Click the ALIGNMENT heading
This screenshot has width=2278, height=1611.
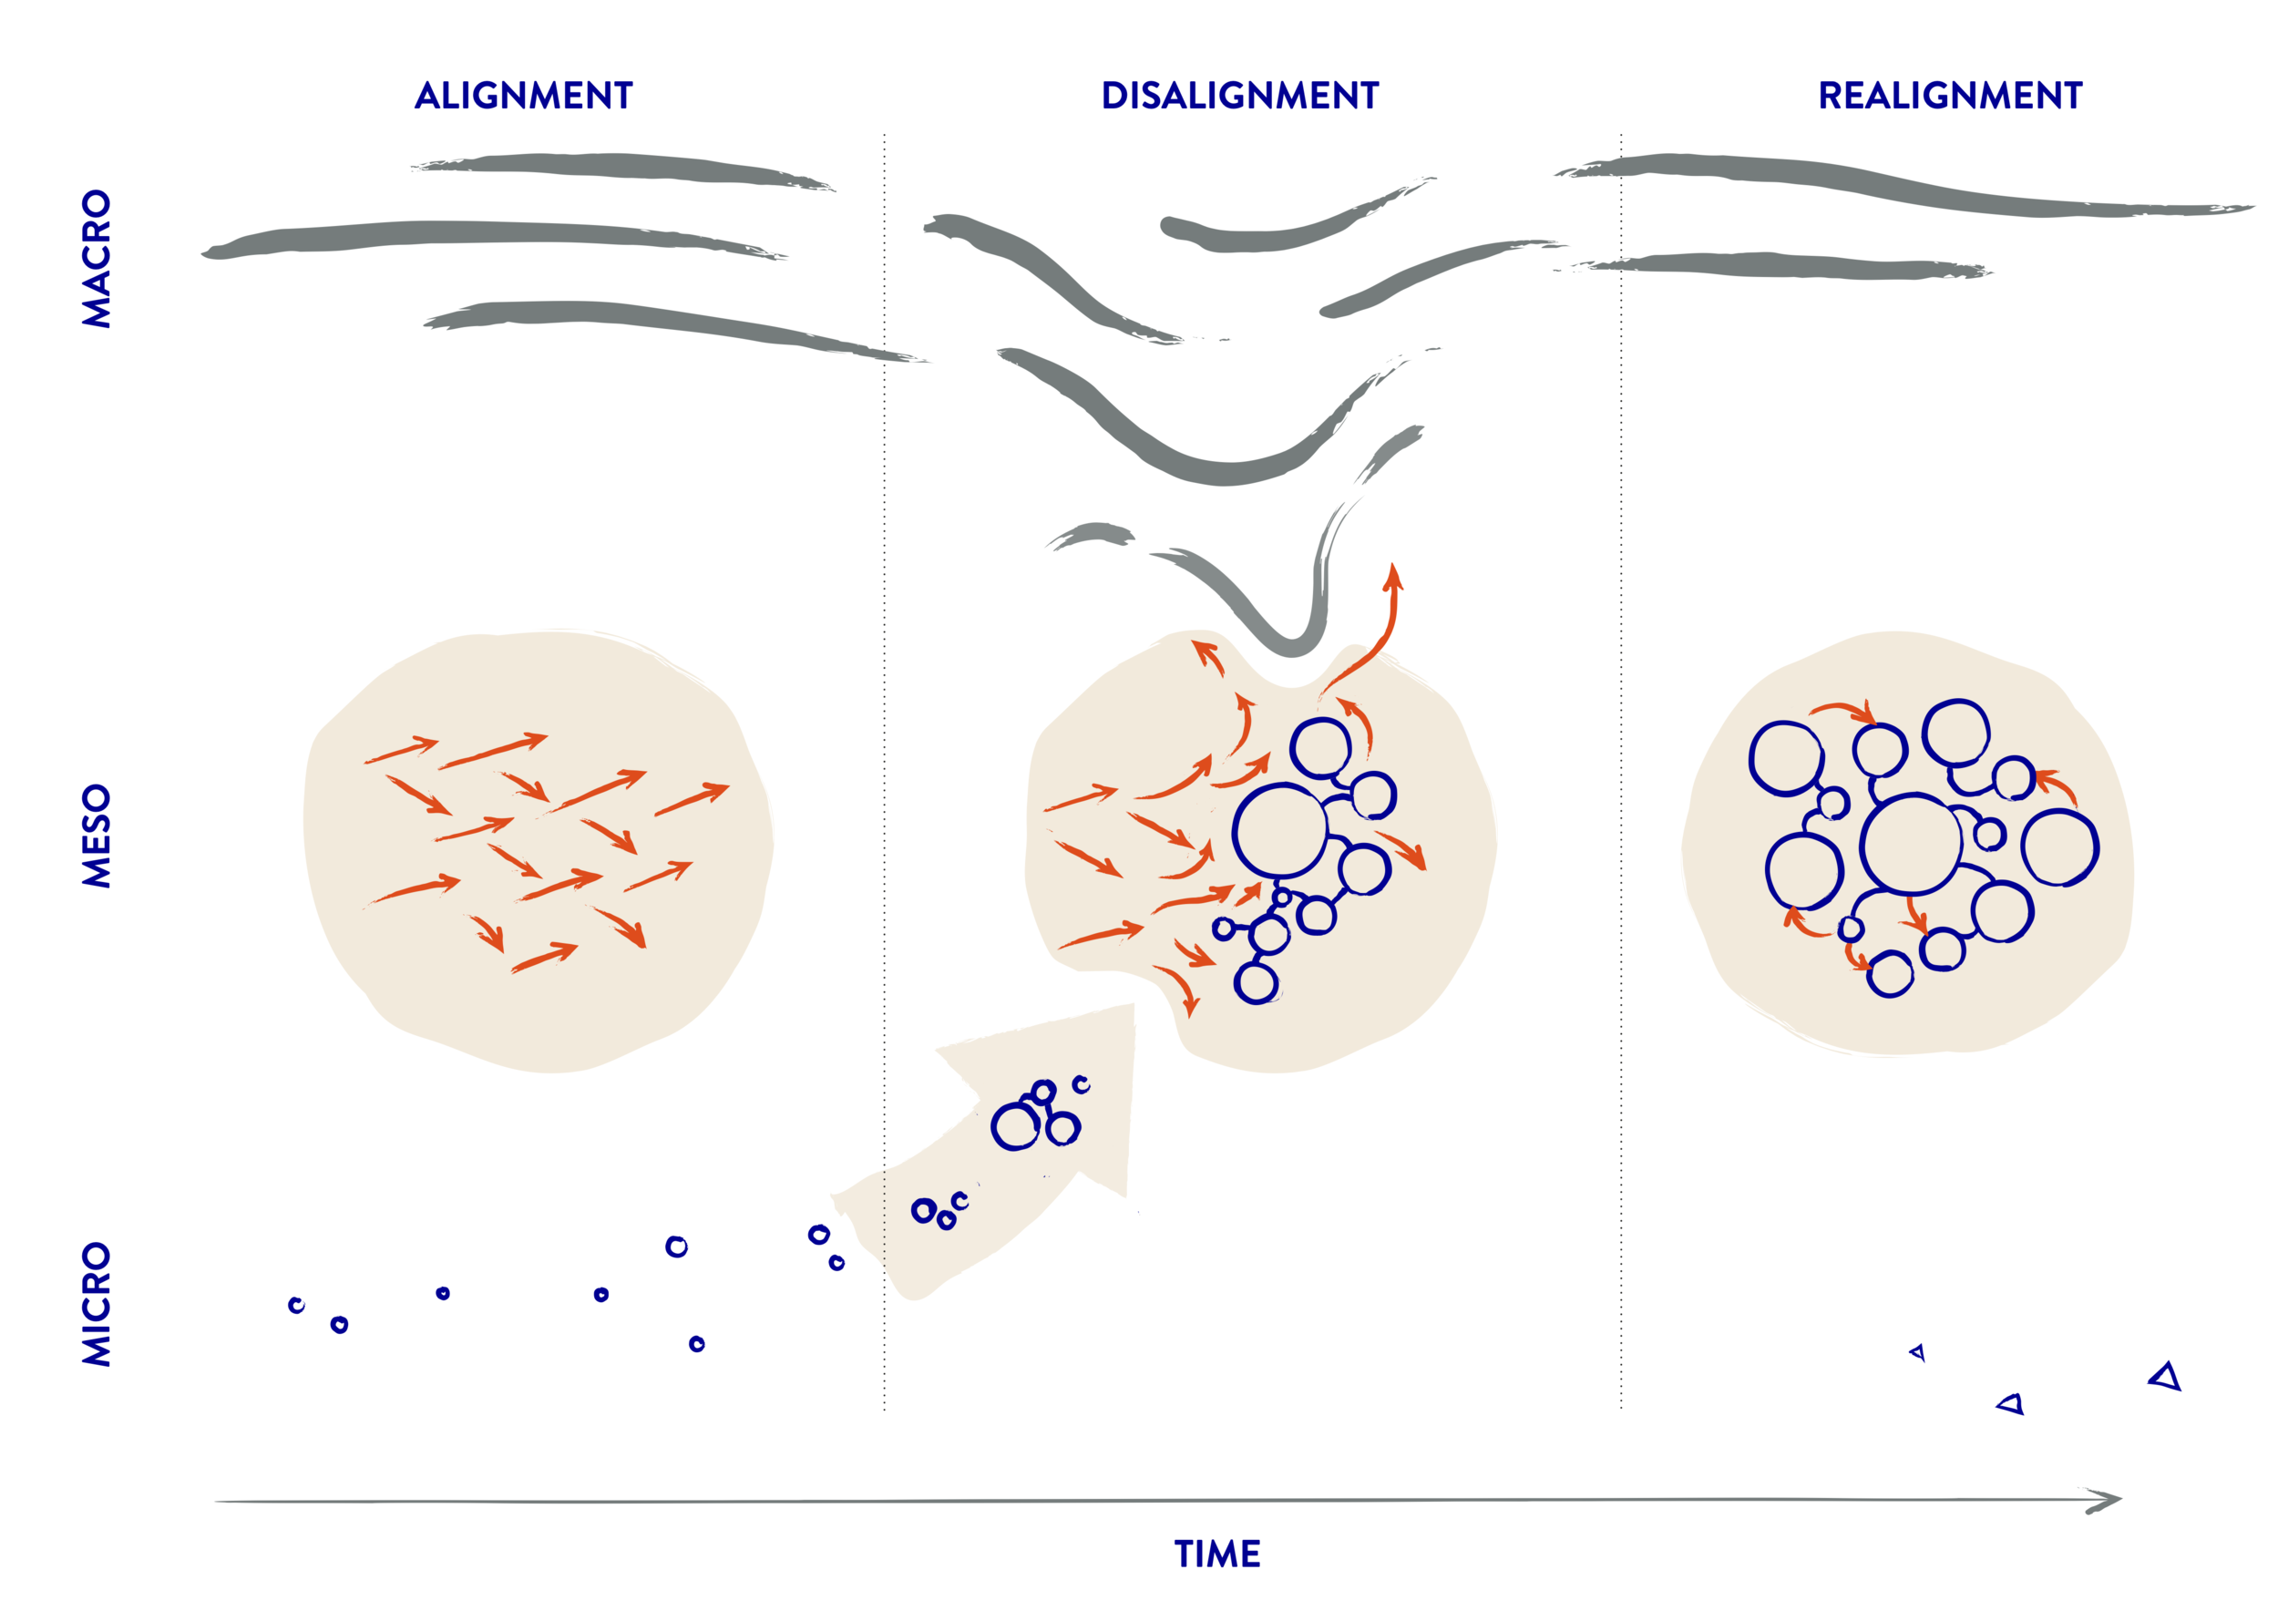click(523, 97)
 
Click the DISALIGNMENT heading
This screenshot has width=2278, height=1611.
click(1239, 97)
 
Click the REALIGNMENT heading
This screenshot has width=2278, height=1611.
click(1949, 97)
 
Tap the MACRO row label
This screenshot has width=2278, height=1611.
click(97, 258)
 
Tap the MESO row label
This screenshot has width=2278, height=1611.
click(97, 836)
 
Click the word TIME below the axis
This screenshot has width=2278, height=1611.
click(1217, 1554)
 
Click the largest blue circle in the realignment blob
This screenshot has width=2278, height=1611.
click(1910, 844)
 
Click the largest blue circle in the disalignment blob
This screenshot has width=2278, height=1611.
click(1280, 831)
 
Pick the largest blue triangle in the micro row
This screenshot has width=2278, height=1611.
click(2166, 1377)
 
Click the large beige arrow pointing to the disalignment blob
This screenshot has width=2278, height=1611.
click(1002, 1161)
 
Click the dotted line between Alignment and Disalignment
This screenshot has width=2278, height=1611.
click(884, 794)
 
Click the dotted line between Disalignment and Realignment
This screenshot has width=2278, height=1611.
click(1621, 794)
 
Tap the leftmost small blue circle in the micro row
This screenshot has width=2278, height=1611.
click(295, 1305)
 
